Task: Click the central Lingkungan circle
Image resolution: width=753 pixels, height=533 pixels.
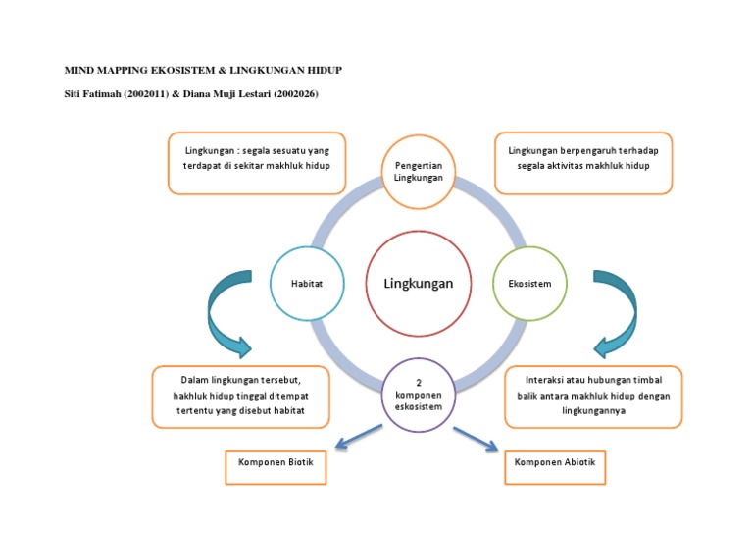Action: click(x=410, y=283)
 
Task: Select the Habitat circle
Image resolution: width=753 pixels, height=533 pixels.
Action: click(x=307, y=284)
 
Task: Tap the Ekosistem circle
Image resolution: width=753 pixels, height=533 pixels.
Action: click(x=529, y=284)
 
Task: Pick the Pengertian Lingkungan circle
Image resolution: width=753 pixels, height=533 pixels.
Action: click(x=419, y=172)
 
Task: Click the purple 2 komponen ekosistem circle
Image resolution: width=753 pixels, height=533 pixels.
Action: click(x=419, y=395)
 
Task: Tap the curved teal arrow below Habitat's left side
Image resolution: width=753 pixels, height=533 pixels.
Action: click(x=225, y=312)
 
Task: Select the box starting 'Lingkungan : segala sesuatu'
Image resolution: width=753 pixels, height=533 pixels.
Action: click(x=257, y=159)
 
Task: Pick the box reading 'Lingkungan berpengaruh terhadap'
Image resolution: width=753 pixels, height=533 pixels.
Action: click(x=583, y=159)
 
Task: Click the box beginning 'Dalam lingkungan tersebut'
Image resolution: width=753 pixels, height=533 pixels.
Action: click(x=240, y=396)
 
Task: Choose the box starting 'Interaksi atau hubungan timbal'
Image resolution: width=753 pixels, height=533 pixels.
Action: click(x=593, y=397)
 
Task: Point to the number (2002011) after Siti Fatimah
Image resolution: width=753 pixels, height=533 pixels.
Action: click(x=146, y=93)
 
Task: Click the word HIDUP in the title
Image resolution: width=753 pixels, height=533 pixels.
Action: click(x=322, y=71)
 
